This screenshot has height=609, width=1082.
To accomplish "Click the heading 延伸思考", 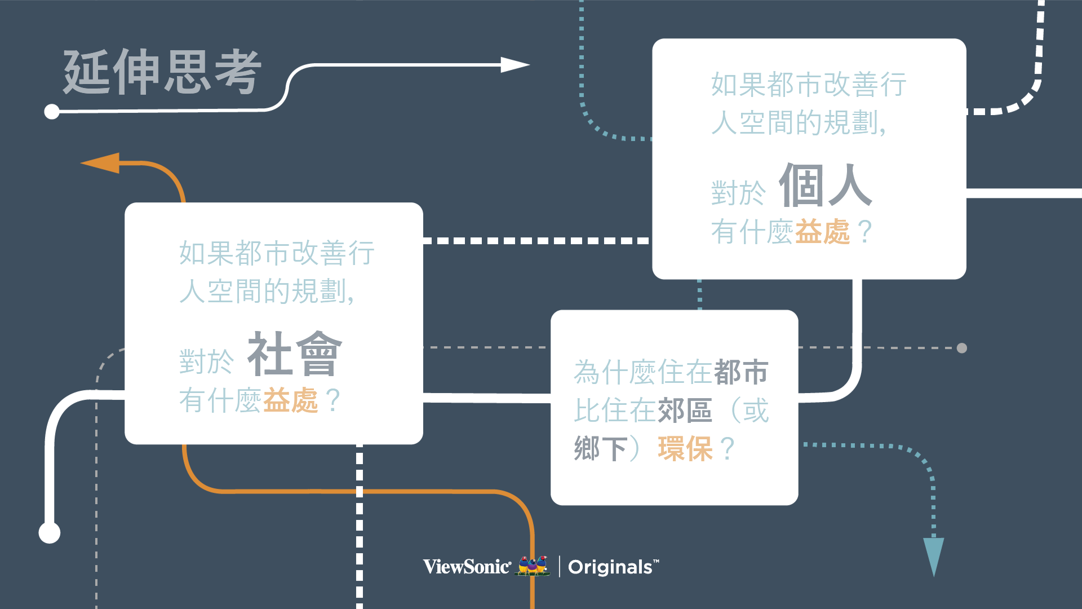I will click(x=162, y=72).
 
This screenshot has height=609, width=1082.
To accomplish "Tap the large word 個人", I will click(x=826, y=186).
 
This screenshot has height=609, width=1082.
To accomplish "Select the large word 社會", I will click(x=295, y=354).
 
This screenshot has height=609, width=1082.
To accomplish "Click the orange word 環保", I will click(x=685, y=449).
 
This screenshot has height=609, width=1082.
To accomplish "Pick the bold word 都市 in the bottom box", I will click(x=741, y=372).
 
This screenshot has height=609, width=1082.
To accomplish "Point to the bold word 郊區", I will click(x=685, y=411).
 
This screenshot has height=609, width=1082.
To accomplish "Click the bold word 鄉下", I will click(x=601, y=449).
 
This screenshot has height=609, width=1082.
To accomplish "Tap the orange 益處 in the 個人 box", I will click(x=822, y=232).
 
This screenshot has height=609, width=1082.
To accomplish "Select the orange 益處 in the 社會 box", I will click(x=290, y=401).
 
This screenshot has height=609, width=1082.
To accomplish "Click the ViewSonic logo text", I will click(x=467, y=567).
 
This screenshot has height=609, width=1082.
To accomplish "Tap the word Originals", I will click(x=610, y=567).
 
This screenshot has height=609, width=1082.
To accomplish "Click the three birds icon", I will click(x=533, y=566).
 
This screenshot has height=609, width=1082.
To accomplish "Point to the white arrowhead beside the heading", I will click(x=514, y=65).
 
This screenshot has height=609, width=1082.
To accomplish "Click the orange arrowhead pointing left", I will click(x=101, y=163).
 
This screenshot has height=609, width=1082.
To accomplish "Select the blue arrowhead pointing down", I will click(x=933, y=555).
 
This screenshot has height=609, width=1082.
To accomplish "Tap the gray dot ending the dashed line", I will click(x=962, y=348).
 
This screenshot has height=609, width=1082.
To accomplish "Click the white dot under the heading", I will click(x=52, y=112).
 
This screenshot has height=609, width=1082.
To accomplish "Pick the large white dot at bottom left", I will click(x=50, y=532).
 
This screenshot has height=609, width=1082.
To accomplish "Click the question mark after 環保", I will click(x=728, y=449).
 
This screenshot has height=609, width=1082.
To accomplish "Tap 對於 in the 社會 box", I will click(x=206, y=361).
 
